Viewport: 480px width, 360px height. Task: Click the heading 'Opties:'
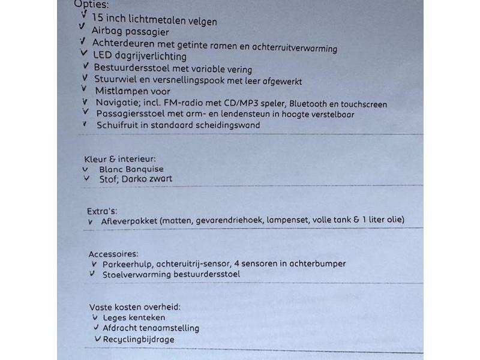91,4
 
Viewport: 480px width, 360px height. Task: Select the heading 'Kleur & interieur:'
120,159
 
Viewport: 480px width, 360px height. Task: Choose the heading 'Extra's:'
102,211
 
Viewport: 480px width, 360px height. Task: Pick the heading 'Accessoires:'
113,254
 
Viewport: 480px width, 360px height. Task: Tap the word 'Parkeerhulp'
126,263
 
